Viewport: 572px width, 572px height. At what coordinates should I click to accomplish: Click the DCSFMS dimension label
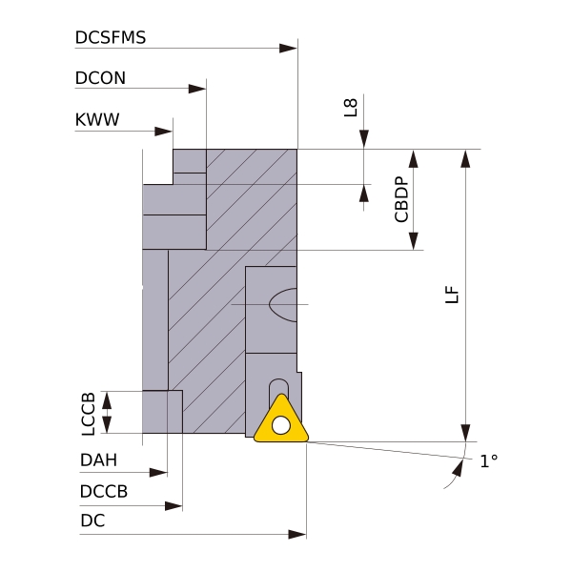pyautogui.click(x=110, y=38)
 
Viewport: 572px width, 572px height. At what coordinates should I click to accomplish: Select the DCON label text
pyautogui.click(x=100, y=78)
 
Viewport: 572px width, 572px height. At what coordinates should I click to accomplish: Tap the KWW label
pyautogui.click(x=96, y=120)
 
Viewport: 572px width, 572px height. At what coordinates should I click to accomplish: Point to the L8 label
pyautogui.click(x=351, y=106)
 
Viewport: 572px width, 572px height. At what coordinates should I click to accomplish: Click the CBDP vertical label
pyautogui.click(x=401, y=199)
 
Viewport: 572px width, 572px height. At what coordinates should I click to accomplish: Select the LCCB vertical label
pyautogui.click(x=89, y=412)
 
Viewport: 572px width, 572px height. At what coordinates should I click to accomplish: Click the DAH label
pyautogui.click(x=98, y=460)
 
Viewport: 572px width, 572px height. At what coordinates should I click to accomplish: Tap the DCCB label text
pyautogui.click(x=103, y=492)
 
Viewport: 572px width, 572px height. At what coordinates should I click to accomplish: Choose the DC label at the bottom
pyautogui.click(x=92, y=521)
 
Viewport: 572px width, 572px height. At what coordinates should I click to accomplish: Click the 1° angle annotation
pyautogui.click(x=488, y=461)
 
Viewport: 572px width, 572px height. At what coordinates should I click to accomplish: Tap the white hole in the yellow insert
pyautogui.click(x=281, y=425)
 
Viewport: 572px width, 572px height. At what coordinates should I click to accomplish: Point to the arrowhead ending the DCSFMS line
pyautogui.click(x=289, y=48)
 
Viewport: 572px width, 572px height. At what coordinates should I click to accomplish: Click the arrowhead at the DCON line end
pyautogui.click(x=197, y=89)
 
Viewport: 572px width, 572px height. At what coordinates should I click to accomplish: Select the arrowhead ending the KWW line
pyautogui.click(x=165, y=132)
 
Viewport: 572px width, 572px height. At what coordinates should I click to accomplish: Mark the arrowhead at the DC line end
pyautogui.click(x=297, y=535)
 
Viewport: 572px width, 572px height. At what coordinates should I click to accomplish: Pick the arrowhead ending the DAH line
pyautogui.click(x=158, y=472)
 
